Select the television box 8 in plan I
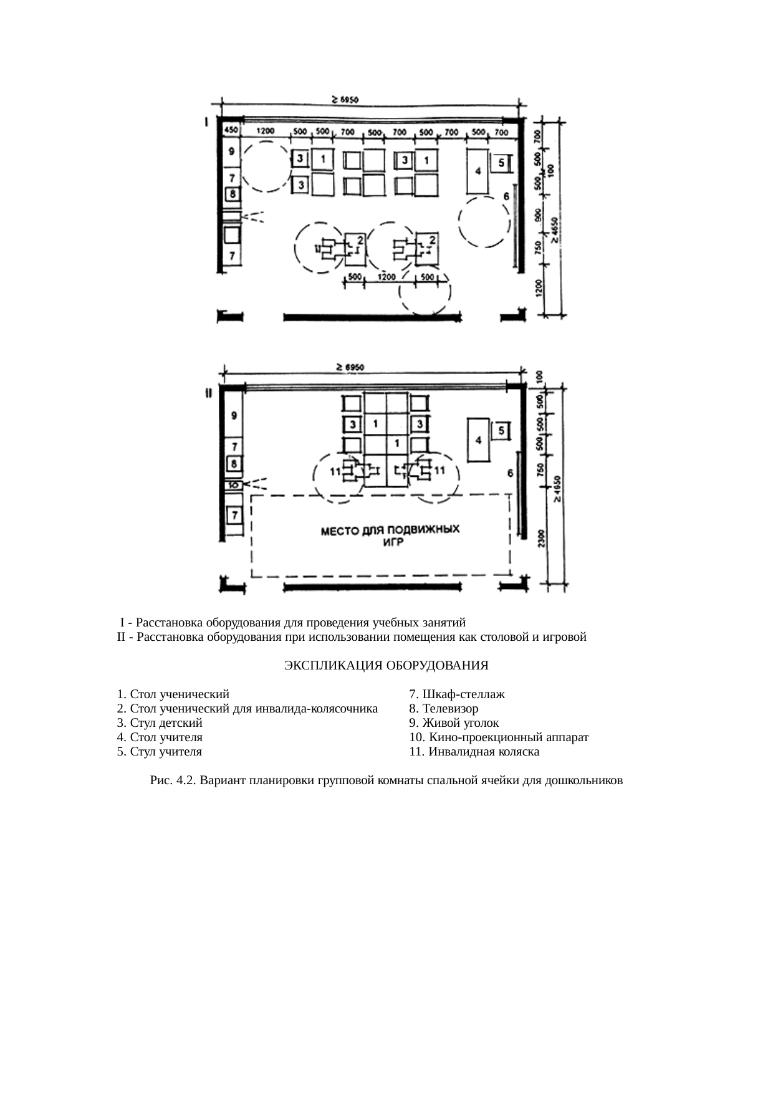tap(233, 195)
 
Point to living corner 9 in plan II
tap(233, 415)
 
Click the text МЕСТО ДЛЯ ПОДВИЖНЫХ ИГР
tap(390, 535)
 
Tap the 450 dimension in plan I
tap(231, 130)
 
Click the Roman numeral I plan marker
tap(206, 122)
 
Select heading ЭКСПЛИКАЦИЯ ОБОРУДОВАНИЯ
tap(386, 665)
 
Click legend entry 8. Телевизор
tap(443, 708)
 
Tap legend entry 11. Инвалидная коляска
tap(474, 751)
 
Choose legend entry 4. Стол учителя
tap(160, 737)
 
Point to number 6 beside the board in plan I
tap(507, 196)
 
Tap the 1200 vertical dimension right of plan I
tap(540, 289)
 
